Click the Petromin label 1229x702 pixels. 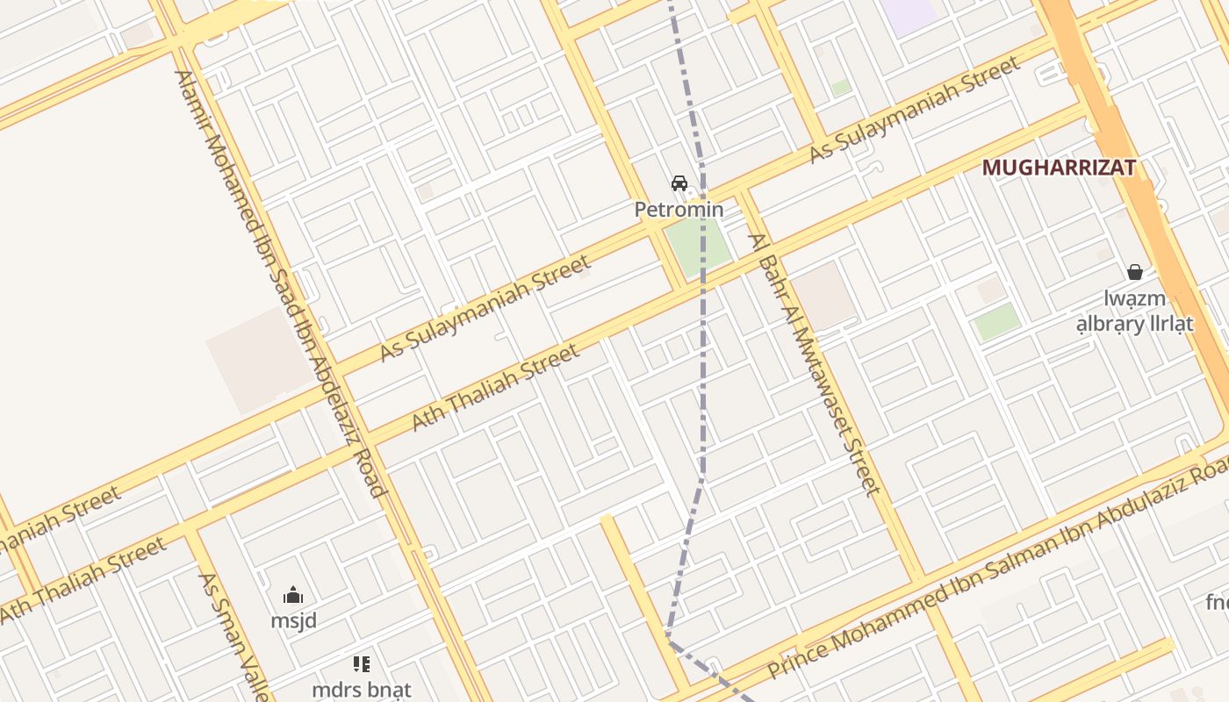(x=679, y=210)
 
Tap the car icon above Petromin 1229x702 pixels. (x=679, y=183)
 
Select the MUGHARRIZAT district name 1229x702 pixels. (x=1059, y=168)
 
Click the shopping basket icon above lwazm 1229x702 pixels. (x=1135, y=272)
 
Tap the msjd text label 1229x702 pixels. (x=293, y=620)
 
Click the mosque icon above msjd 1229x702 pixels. (x=293, y=596)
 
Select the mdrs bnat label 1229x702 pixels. (x=362, y=689)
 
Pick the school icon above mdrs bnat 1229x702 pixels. (x=362, y=664)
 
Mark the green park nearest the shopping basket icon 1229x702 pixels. (x=996, y=322)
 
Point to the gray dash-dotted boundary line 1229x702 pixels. (x=703, y=369)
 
